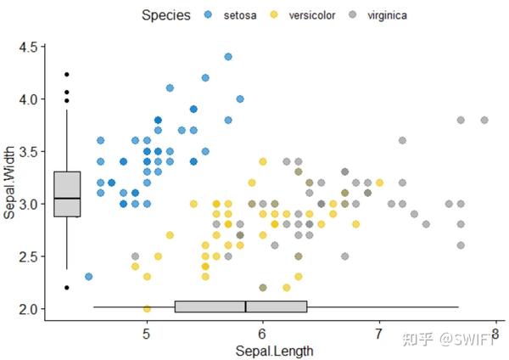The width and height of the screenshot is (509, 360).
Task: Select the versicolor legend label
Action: [x=312, y=15]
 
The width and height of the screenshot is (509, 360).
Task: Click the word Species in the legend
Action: [x=165, y=15]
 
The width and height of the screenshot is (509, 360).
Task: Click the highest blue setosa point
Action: [x=228, y=57]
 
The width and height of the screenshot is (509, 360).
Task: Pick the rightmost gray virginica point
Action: [x=484, y=120]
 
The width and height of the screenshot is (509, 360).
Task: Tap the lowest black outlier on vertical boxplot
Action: [x=67, y=288]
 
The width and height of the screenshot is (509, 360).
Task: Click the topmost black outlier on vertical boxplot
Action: [x=67, y=75]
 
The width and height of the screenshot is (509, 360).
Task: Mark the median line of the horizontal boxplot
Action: [x=245, y=307]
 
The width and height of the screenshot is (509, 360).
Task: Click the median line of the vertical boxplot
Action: [x=67, y=198]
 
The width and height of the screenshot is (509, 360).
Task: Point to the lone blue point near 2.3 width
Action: [x=89, y=276]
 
